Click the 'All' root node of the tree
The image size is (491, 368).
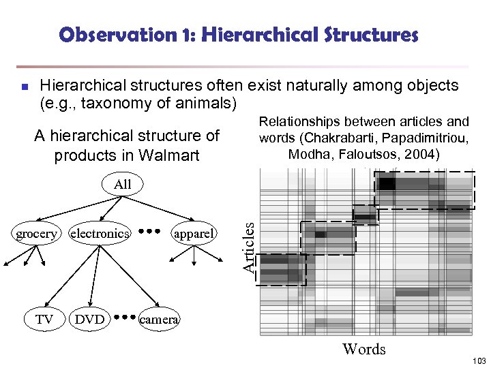click(123, 184)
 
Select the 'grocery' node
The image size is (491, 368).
click(37, 234)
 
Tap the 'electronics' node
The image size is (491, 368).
click(100, 234)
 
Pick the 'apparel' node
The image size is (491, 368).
click(194, 234)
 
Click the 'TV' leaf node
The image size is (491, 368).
click(44, 318)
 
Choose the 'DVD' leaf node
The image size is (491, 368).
click(90, 318)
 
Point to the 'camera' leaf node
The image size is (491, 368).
click(159, 318)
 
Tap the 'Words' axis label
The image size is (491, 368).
click(364, 349)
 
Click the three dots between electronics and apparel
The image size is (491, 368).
click(149, 231)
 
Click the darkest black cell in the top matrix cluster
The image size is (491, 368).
click(387, 183)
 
